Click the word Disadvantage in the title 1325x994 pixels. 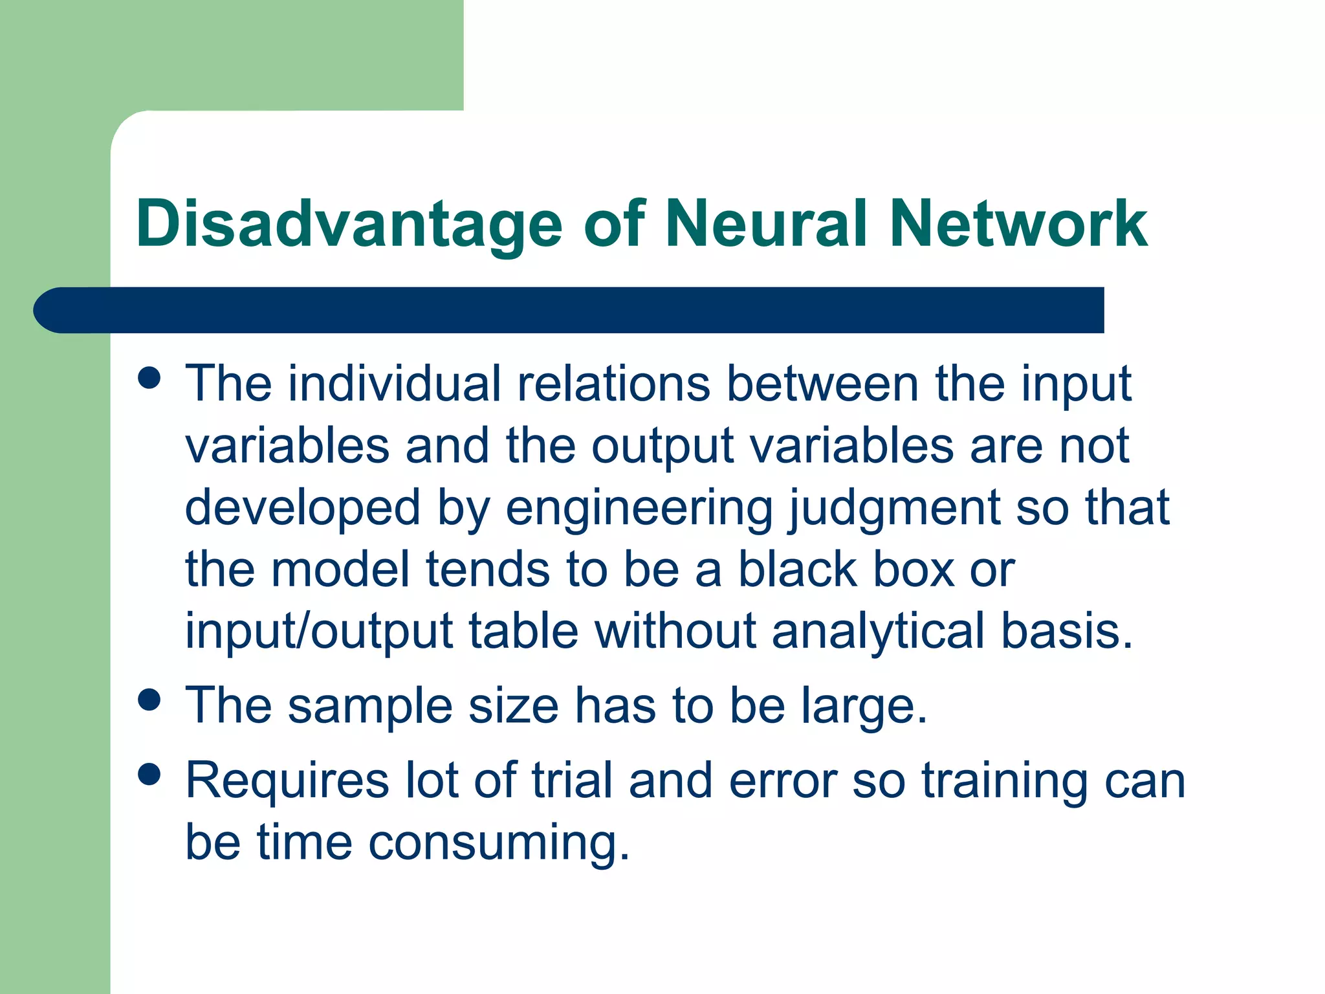coord(349,225)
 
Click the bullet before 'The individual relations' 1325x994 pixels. coord(149,378)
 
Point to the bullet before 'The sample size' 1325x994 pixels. coord(149,700)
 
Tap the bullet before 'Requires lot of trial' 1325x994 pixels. coord(149,774)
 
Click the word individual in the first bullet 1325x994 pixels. coord(394,384)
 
